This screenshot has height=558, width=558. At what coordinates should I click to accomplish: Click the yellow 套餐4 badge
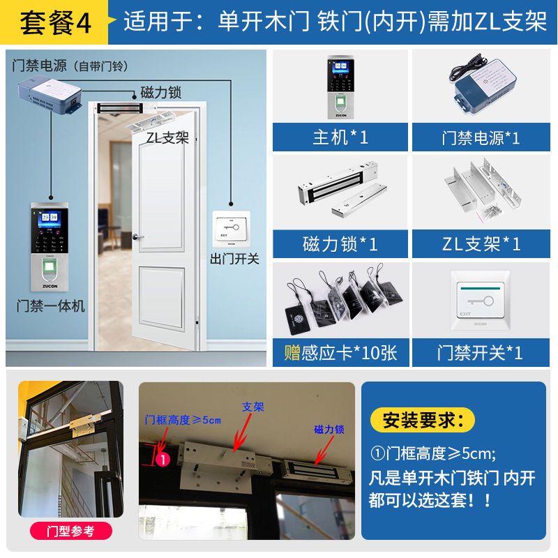pos(56,22)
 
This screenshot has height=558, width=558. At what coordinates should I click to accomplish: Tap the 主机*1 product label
pos(340,137)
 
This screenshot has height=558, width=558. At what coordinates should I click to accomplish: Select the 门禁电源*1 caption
pos(480,137)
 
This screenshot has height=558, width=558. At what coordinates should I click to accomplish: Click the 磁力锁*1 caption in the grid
pos(340,244)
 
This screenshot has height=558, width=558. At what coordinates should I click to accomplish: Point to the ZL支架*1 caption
pos(480,244)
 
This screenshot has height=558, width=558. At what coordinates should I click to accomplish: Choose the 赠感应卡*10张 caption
pos(340,353)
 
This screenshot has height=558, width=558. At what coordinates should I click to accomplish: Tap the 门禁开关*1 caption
pos(480,353)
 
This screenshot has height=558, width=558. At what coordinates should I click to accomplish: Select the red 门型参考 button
pos(71,531)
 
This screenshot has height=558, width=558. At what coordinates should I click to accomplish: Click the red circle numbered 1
pos(162,460)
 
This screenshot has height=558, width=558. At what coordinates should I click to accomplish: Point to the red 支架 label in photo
pos(252,407)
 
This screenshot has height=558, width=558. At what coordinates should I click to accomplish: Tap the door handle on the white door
pos(140,237)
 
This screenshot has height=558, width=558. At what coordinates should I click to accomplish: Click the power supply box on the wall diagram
pos(49,94)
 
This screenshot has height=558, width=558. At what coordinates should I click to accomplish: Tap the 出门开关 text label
pos(234,259)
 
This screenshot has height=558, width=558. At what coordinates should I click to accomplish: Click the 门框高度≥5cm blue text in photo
pos(183,420)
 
